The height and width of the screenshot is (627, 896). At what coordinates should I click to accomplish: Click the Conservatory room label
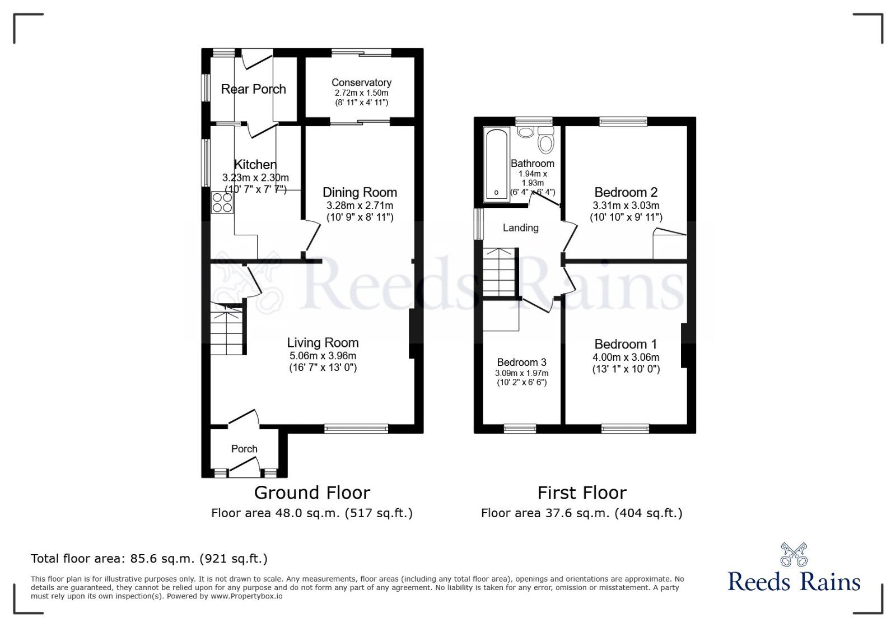click(361, 82)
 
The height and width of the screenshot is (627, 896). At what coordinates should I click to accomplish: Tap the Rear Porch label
click(253, 89)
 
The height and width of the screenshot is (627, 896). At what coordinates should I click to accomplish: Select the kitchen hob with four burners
click(222, 202)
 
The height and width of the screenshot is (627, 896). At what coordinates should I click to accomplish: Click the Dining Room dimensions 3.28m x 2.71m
click(360, 206)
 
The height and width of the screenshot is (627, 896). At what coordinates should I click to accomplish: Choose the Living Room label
click(323, 342)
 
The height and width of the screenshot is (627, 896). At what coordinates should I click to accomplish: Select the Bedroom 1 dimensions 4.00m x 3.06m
click(626, 357)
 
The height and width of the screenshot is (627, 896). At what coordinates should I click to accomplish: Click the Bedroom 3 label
click(521, 363)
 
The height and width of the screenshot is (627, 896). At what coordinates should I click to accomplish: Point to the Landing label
click(520, 227)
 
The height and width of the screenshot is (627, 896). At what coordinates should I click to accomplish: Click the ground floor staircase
click(227, 331)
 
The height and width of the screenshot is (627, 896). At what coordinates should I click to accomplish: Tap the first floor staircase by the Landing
click(498, 272)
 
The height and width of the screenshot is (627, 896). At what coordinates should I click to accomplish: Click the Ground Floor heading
click(312, 493)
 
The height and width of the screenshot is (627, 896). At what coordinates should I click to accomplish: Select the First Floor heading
click(582, 493)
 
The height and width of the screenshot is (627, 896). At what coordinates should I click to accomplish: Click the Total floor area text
click(149, 559)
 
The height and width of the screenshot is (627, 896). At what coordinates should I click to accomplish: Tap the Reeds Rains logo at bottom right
click(794, 569)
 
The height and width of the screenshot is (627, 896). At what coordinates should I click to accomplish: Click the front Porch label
click(244, 449)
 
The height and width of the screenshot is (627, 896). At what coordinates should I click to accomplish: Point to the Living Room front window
click(356, 429)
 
